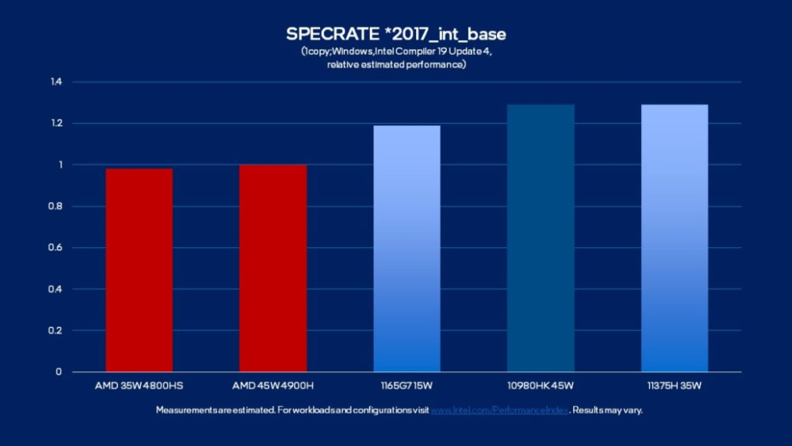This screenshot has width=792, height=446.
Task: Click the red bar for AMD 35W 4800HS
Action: point(139,270)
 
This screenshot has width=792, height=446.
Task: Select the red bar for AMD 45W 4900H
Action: point(273,268)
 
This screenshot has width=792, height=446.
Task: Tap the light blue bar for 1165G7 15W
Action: point(407,248)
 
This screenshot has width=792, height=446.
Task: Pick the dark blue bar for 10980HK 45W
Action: point(540,238)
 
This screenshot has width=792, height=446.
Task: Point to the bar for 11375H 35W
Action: point(674,238)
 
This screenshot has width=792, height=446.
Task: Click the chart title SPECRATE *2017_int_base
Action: point(396,35)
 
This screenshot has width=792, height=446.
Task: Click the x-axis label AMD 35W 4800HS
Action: point(139,386)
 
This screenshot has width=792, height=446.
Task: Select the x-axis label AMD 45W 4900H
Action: point(273,386)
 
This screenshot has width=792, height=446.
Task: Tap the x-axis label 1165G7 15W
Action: point(407,386)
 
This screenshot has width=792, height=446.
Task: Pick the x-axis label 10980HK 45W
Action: point(540,386)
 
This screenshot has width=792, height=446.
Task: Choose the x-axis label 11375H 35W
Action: point(674,386)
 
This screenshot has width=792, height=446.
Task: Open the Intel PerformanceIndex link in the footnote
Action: point(499,410)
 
